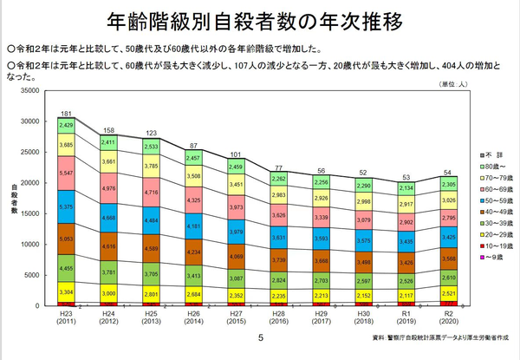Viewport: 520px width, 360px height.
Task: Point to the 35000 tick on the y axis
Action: pos(29,90)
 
